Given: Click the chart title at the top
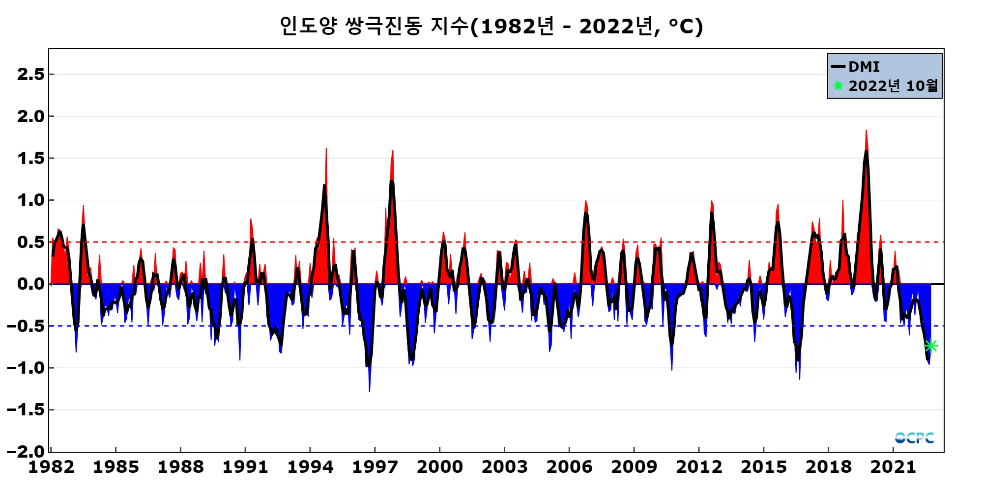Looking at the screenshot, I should (x=491, y=27).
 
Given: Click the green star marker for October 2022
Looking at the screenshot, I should (x=931, y=346).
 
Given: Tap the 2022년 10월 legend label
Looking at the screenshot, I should (x=893, y=86).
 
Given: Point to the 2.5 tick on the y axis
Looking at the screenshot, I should (x=30, y=75).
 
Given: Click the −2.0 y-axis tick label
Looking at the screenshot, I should (x=26, y=451).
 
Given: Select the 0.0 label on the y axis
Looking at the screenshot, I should (x=30, y=284).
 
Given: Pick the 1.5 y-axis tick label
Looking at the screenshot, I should (x=30, y=159).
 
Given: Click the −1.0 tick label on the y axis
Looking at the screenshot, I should (x=26, y=368).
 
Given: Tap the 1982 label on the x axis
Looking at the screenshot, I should (x=51, y=467).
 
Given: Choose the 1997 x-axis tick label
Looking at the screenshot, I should (x=375, y=467).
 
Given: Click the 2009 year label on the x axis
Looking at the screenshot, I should (x=634, y=467).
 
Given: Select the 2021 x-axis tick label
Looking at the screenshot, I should (x=893, y=467).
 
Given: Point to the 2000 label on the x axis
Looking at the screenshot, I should (x=440, y=467).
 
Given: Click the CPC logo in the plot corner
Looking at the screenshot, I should (x=914, y=437).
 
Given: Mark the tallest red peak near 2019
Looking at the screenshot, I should (x=866, y=131).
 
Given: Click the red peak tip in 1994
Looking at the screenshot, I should (x=326, y=149).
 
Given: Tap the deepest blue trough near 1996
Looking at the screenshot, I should (x=369, y=391).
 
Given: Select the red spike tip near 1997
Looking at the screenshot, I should (x=392, y=151).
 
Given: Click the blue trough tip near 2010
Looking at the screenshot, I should (x=671, y=369).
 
